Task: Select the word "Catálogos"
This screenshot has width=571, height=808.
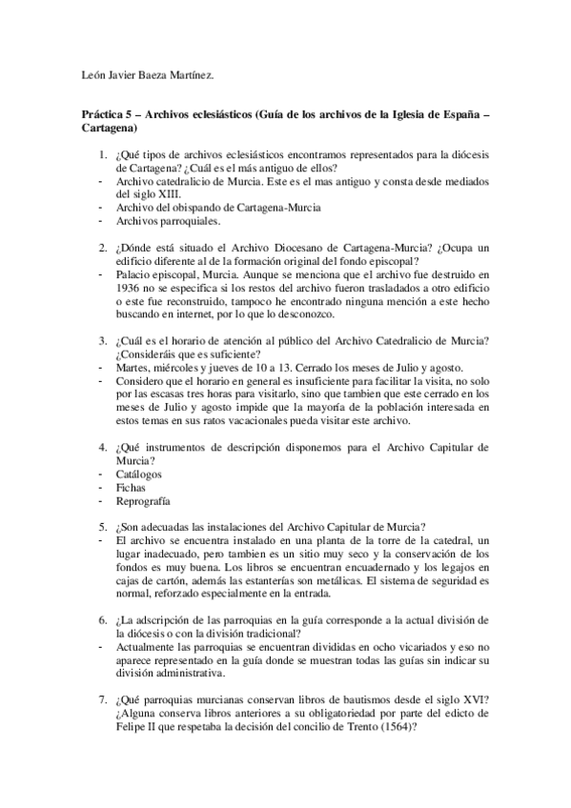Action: pyautogui.click(x=139, y=473)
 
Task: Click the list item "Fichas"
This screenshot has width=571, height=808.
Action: pyautogui.click(x=131, y=487)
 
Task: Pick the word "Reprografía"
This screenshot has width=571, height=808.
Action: pyautogui.click(x=143, y=500)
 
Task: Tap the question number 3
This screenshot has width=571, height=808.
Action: pyautogui.click(x=102, y=341)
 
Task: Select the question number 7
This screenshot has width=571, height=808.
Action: pyautogui.click(x=102, y=695)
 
